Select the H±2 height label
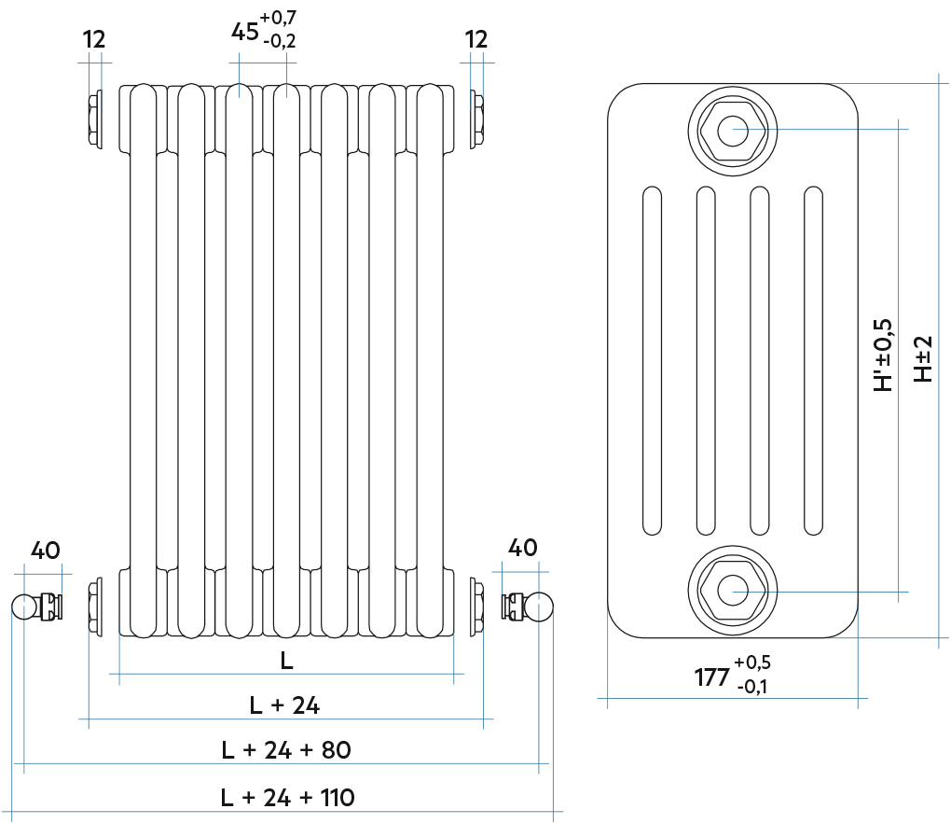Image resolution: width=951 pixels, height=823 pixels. click(922, 358)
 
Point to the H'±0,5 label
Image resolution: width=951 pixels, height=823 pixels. click(882, 355)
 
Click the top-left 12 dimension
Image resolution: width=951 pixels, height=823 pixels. click(94, 39)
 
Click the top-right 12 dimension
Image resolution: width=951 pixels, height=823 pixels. click(475, 39)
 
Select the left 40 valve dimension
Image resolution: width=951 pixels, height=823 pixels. click(45, 549)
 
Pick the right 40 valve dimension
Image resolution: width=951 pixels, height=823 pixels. click(522, 547)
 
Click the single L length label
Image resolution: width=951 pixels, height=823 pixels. click(286, 661)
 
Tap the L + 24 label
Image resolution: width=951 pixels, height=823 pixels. click(285, 705)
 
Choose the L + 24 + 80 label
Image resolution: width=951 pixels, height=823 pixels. click(285, 749)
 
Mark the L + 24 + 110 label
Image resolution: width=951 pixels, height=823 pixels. click(287, 798)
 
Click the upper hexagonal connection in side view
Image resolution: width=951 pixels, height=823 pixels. click(733, 130)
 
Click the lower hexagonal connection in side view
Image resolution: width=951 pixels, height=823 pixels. click(733, 591)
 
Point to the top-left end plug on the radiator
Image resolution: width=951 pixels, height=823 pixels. click(94, 119)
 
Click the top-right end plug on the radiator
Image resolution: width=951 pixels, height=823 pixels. click(477, 119)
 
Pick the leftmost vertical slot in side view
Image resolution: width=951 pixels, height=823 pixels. click(651, 361)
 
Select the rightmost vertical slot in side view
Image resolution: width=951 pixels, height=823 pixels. click(814, 361)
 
